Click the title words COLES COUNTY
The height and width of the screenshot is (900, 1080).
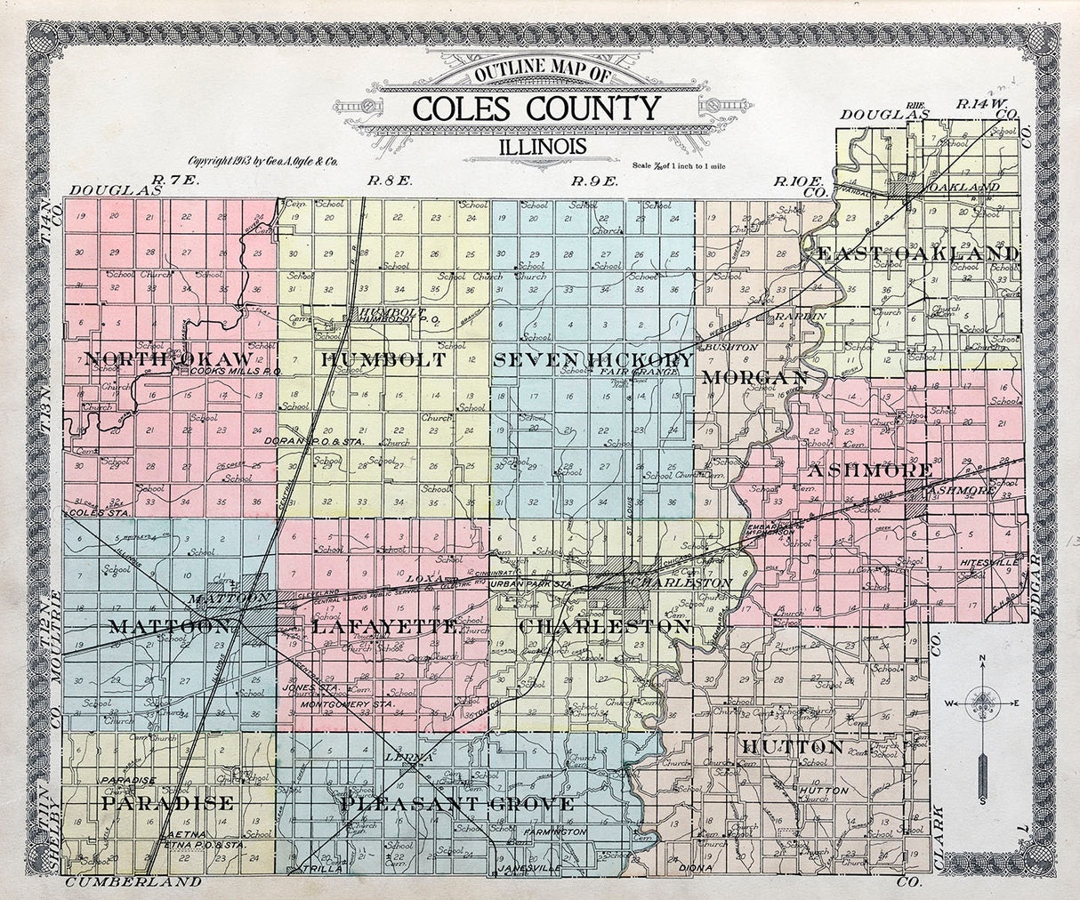(536, 108)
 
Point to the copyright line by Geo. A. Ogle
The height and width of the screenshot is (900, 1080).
(263, 161)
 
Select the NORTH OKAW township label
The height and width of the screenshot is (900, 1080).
(169, 358)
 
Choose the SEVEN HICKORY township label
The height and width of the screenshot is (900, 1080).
(592, 359)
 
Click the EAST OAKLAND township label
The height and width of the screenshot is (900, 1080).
(916, 253)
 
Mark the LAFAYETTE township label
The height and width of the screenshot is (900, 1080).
(384, 627)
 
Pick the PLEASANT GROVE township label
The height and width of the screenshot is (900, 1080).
(456, 804)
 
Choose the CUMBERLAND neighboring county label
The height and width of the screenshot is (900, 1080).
(133, 882)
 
